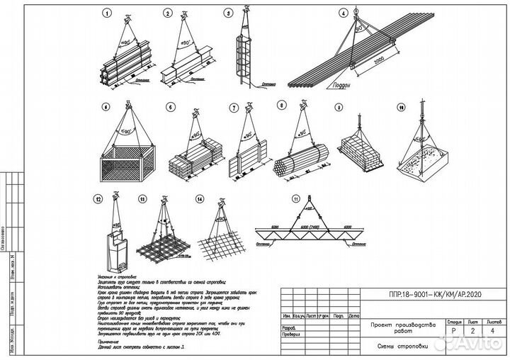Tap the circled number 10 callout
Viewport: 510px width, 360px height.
pos(401,108)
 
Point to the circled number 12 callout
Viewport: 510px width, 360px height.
pos(107,200)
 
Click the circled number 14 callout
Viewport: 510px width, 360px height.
pos(200,200)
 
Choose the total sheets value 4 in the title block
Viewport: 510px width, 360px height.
pos(490,330)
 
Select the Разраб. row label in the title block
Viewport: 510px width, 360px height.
pos(290,329)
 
